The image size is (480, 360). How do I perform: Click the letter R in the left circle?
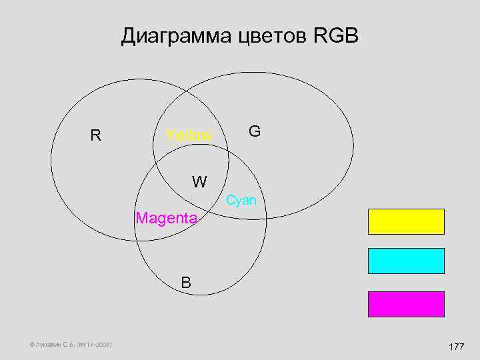coord(96,136)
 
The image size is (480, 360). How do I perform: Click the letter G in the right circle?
coord(254,131)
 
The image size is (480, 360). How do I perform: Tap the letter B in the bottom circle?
coord(186,283)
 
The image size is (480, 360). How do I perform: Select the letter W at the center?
coord(199,181)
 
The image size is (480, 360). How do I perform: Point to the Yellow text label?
coord(189,136)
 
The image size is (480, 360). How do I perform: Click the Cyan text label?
coord(241,200)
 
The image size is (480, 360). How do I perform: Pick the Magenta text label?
coord(166,218)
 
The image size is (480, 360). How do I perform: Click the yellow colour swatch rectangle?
coord(405,221)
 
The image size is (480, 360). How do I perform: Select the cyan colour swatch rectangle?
coord(405,261)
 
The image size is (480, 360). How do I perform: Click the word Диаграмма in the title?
coord(175,36)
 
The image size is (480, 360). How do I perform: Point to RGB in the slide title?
coord(335,36)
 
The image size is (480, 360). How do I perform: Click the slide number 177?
coord(457,347)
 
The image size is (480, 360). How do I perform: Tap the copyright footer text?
coord(61,345)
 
